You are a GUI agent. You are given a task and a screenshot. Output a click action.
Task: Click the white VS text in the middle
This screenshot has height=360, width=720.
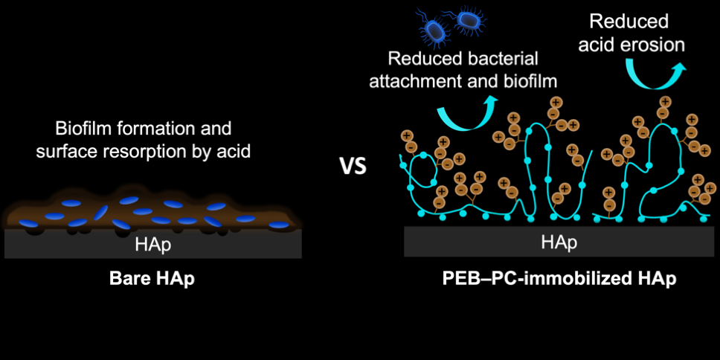(353, 165)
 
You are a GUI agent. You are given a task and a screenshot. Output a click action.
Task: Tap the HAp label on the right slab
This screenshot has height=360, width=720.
(558, 242)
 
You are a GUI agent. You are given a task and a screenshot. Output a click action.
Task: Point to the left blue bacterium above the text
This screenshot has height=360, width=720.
(434, 30)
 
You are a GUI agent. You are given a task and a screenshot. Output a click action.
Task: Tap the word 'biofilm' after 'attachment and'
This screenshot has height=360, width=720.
(529, 79)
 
